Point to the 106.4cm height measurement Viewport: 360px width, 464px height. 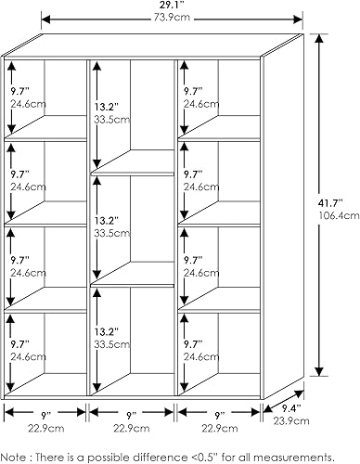337,214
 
